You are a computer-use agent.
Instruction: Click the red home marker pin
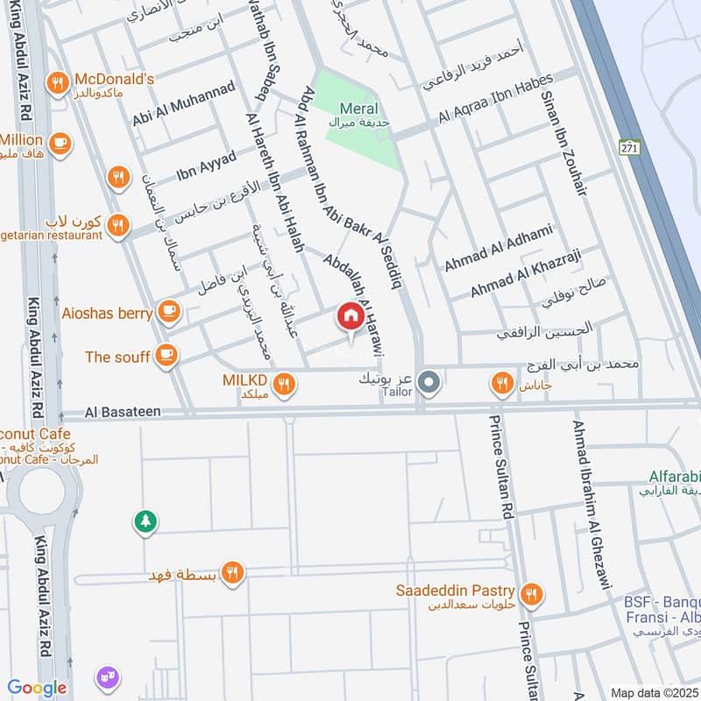pos(350,317)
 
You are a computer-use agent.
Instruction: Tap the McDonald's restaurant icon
pos(59,83)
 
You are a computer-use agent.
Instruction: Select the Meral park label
pos(358,108)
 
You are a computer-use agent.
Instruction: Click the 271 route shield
pos(628,147)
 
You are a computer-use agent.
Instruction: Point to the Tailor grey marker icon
pos(429,382)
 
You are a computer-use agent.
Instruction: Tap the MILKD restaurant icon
pos(283,383)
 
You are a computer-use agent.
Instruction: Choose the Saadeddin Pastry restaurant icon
pos(530,595)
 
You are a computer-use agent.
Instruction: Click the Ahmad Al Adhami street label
pos(498,247)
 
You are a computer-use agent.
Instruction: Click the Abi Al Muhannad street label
pos(184,103)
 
